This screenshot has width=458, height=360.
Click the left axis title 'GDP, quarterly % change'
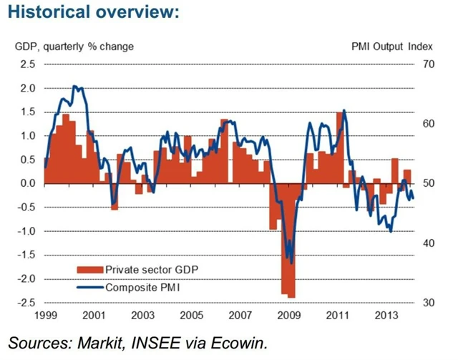tap(74, 47)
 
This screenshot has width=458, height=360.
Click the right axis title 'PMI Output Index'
tap(392, 47)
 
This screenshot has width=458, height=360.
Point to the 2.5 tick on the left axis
tap(28, 64)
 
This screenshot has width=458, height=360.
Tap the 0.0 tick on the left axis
tap(28, 184)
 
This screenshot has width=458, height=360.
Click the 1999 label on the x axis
tap(44, 316)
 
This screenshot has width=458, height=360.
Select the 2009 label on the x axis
tap(288, 316)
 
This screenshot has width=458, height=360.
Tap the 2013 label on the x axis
tap(386, 316)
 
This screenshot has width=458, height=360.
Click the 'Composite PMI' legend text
tap(142, 288)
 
